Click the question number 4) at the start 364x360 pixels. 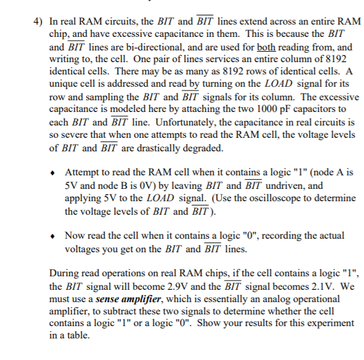[38, 20]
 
